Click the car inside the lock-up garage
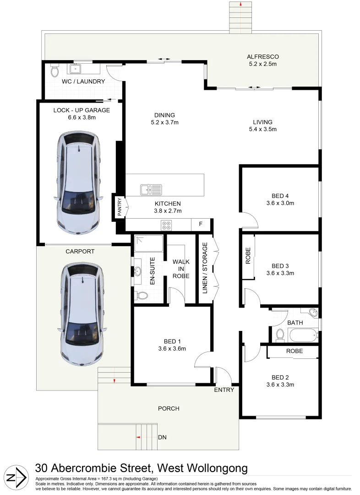coord(78,184)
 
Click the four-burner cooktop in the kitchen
coord(166,225)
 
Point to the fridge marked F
coord(200,225)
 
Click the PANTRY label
coord(119,206)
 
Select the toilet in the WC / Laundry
coord(55,71)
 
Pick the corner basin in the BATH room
coord(313,313)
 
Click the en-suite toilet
coord(142,296)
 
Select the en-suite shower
coord(148,243)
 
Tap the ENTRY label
coord(224,390)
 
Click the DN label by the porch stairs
coord(162,438)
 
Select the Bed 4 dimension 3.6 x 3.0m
coord(280,203)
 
